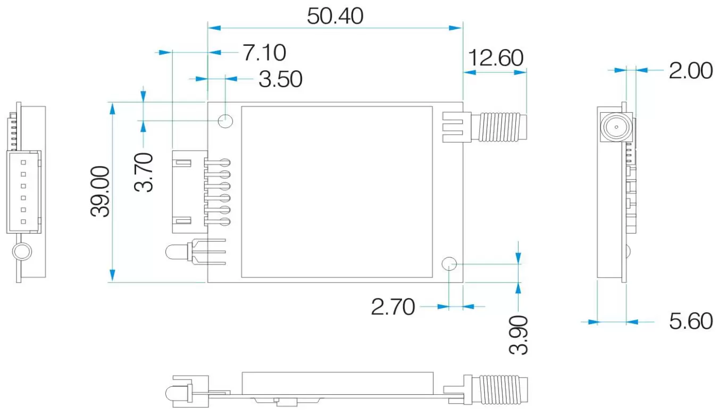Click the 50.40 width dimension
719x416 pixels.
coord(335,16)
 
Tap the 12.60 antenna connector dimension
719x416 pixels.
coord(495,57)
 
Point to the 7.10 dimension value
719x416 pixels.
coord(264,53)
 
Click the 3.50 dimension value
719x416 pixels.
coord(280,79)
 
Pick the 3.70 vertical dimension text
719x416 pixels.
coord(144,172)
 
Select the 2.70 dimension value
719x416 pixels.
coord(392,307)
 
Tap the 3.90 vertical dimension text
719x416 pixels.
coord(519,335)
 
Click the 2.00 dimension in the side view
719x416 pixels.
coord(690,70)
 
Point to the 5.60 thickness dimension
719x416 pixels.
coord(690,321)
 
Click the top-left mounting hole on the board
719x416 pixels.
coord(226,121)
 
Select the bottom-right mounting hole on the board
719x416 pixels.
coord(449,264)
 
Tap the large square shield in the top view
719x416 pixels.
coord(337,192)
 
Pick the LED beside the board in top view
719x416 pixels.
coord(175,252)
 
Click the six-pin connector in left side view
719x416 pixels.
coord(23,192)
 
